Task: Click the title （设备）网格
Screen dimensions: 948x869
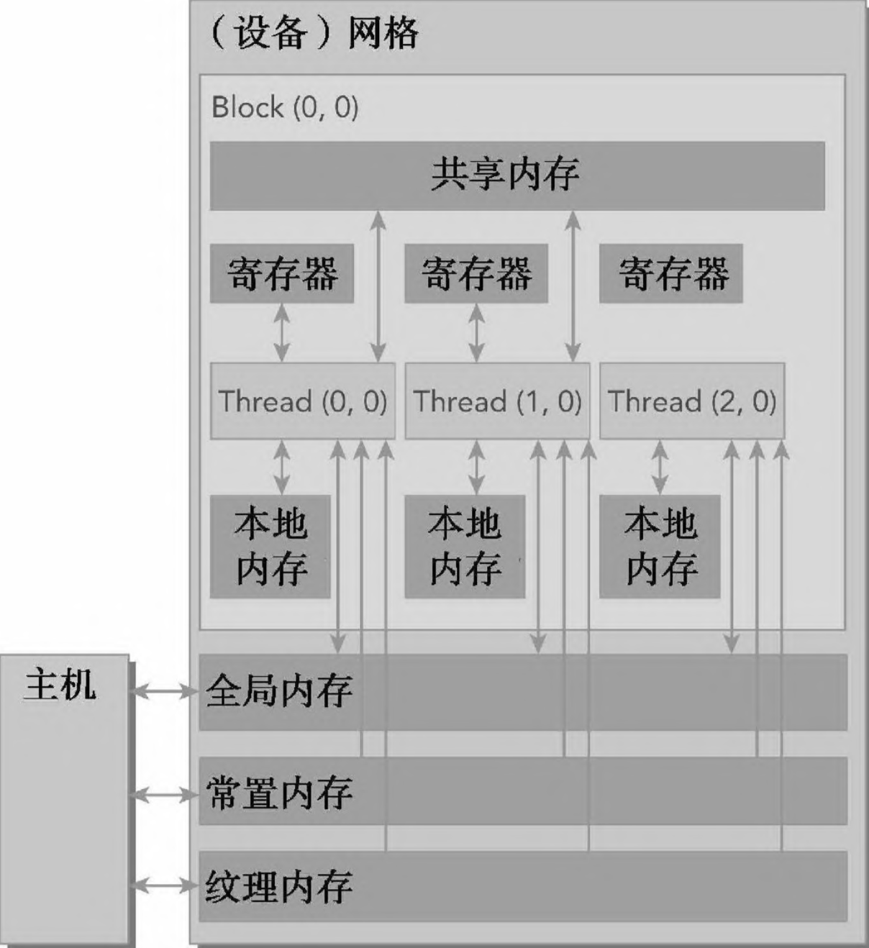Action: pyautogui.click(x=314, y=33)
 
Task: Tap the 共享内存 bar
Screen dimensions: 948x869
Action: pyautogui.click(x=517, y=175)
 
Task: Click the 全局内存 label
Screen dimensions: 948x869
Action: pyautogui.click(x=279, y=691)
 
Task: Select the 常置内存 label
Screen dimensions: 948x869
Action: pyautogui.click(x=279, y=793)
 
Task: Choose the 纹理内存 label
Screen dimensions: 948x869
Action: pyautogui.click(x=279, y=886)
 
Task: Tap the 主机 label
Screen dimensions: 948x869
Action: pyautogui.click(x=60, y=684)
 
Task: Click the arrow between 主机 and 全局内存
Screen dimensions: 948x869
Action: pyautogui.click(x=164, y=691)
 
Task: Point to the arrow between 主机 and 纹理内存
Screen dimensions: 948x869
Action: pyautogui.click(x=164, y=885)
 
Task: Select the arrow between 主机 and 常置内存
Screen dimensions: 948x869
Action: pyautogui.click(x=164, y=795)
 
